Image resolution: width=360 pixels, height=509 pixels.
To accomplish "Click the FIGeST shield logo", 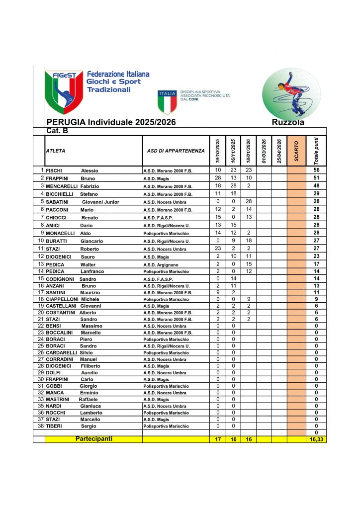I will [64, 92].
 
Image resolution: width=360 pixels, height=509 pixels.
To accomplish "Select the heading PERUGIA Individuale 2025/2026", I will [110, 122].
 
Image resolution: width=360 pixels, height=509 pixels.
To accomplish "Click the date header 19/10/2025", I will [218, 151].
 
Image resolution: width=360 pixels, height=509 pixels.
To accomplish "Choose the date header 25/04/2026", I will [279, 151].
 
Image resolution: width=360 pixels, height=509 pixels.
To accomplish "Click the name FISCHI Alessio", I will [72, 170].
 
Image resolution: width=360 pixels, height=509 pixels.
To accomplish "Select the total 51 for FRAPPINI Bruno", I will [316, 178].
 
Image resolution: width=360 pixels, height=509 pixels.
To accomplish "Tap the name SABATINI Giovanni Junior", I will [83, 202].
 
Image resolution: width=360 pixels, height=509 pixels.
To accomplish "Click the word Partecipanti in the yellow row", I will [94, 439].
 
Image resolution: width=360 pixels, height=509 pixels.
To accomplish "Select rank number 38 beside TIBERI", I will [41, 426].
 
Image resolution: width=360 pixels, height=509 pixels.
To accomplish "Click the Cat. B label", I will [57, 131].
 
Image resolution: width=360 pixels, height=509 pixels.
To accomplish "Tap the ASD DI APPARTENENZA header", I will [176, 151].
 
